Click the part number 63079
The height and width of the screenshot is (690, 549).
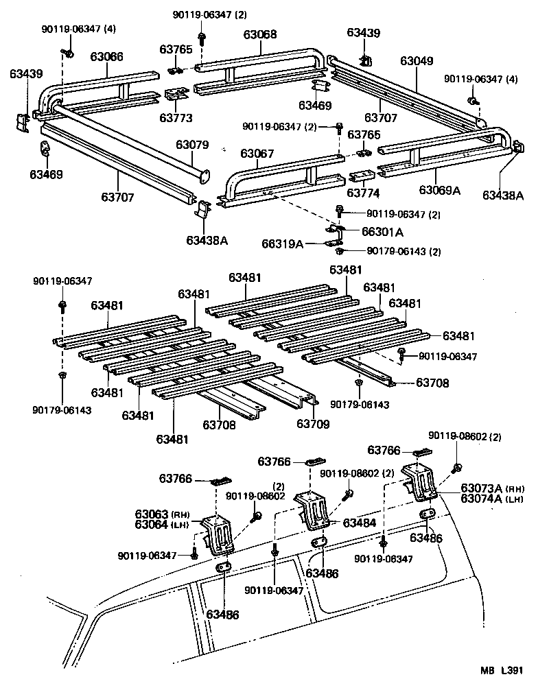pos(191,145)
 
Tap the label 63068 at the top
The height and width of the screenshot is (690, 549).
pos(260,34)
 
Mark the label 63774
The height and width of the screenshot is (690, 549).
pos(364,193)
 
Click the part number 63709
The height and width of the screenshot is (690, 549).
pos(313,425)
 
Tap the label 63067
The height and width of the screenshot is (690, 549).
pos(257,154)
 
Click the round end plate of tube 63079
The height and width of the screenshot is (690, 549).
pos(204,176)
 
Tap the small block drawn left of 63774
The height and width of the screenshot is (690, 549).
pos(362,176)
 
